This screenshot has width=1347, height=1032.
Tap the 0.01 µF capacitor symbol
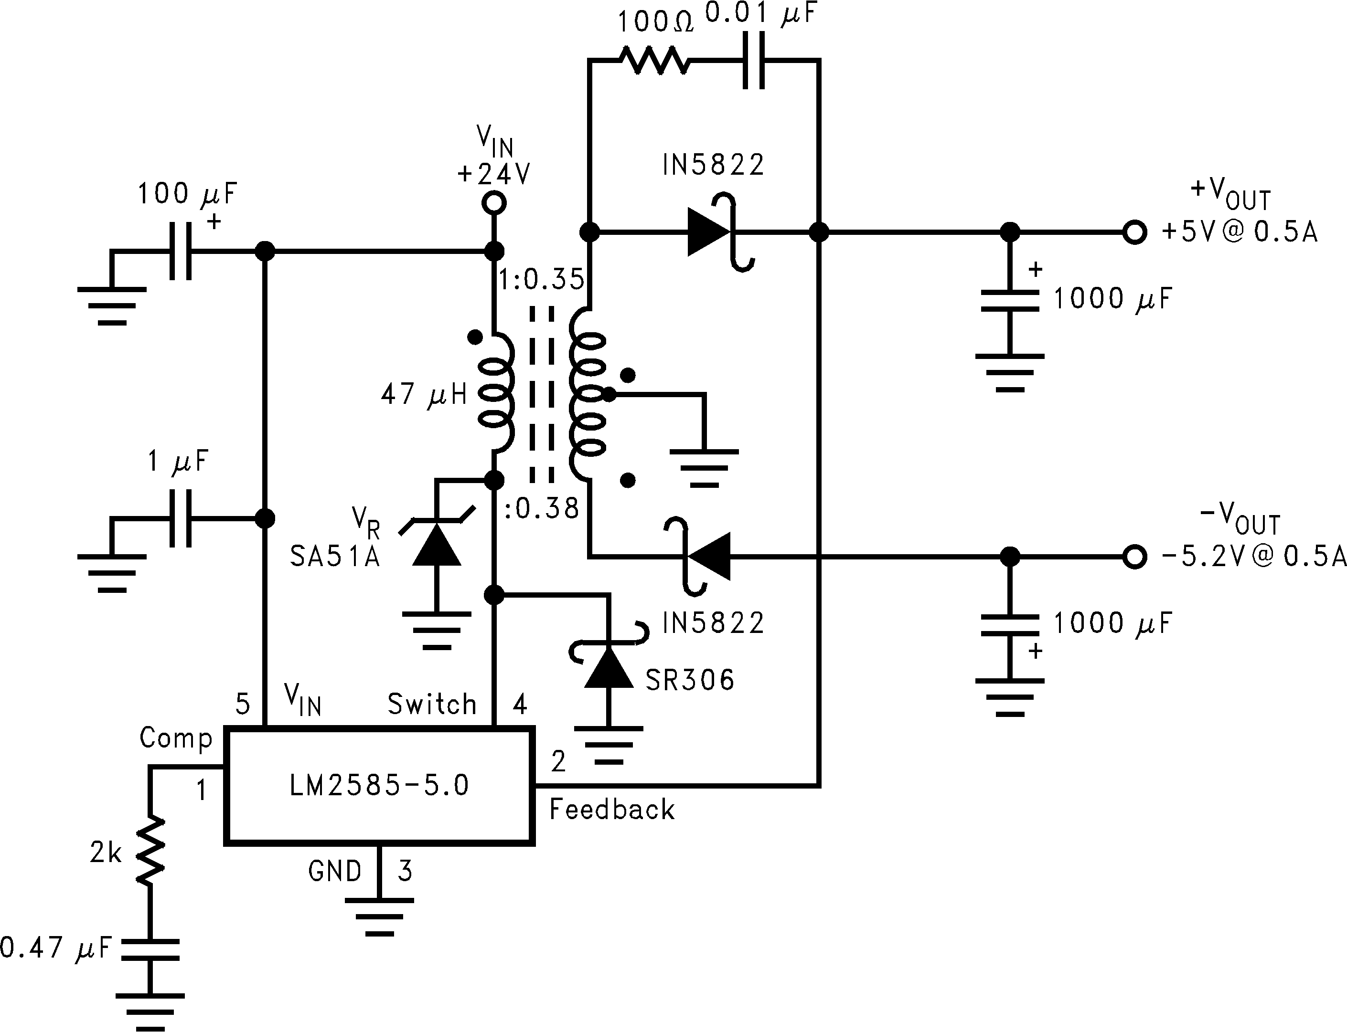754,60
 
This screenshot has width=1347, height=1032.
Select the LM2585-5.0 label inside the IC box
379,786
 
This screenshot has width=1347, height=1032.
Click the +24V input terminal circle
494,202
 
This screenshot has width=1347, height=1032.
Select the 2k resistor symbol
150,851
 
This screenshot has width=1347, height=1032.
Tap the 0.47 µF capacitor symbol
150,949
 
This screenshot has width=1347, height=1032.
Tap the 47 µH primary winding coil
497,393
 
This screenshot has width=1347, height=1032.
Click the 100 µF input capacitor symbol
180,251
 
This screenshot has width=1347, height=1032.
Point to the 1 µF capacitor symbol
180,518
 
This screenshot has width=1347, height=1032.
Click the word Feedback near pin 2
612,810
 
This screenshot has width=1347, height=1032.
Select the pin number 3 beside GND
405,871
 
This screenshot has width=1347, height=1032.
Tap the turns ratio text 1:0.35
541,280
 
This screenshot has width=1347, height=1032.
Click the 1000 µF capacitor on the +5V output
1009,301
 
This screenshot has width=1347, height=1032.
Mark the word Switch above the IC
432,704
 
